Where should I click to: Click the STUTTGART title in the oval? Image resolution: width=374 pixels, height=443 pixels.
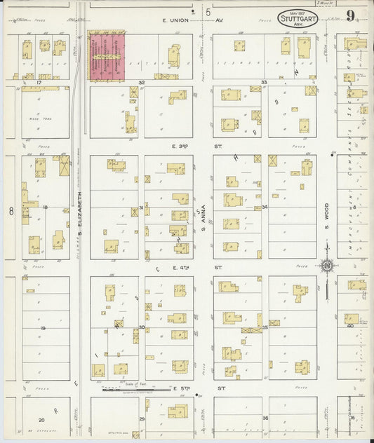298,18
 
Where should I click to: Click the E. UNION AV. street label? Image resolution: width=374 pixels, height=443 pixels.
184,20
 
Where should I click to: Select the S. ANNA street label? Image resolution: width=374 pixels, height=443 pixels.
203,213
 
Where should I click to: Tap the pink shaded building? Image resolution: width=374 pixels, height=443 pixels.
105,55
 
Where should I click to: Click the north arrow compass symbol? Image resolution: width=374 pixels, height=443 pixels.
326,265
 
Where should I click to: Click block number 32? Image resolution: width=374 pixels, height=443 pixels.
141,83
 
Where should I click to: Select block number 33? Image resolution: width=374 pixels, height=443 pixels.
265,83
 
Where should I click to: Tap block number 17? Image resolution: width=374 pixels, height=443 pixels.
40,83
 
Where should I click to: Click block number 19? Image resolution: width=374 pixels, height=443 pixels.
43,328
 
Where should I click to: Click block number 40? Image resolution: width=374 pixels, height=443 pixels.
350,325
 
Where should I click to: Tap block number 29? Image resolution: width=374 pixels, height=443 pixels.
142,418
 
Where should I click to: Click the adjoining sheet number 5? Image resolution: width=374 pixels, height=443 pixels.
208,12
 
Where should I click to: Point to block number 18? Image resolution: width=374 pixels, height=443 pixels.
45,207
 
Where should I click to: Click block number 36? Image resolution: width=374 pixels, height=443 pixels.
265,418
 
